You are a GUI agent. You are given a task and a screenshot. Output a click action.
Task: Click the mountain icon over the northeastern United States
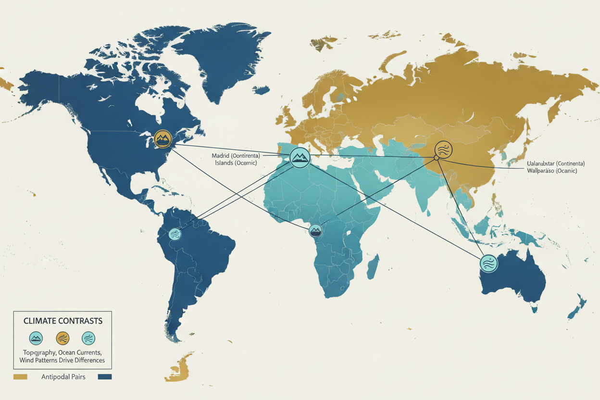point(162,139)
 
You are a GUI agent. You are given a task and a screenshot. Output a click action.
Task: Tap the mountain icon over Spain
point(300,157)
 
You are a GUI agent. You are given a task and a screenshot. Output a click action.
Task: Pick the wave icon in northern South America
point(175,234)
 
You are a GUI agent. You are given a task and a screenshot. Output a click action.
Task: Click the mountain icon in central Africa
point(316,230)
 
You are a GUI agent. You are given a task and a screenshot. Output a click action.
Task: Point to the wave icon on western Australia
point(488,263)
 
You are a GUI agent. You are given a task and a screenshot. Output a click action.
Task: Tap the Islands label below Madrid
point(224,163)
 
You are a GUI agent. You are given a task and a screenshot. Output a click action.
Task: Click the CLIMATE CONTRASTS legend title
point(62,321)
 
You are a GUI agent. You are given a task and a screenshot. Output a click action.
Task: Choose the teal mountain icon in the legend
point(37,338)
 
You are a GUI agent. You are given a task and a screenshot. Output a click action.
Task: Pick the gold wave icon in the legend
point(63,338)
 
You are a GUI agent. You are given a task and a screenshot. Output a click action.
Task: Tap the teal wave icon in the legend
point(88,338)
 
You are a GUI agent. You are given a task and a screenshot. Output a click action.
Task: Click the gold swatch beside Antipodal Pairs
point(21,377)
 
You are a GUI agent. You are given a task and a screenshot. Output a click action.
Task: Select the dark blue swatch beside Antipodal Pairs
point(104,377)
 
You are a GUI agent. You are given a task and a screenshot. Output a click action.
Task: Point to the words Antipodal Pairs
point(63,377)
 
